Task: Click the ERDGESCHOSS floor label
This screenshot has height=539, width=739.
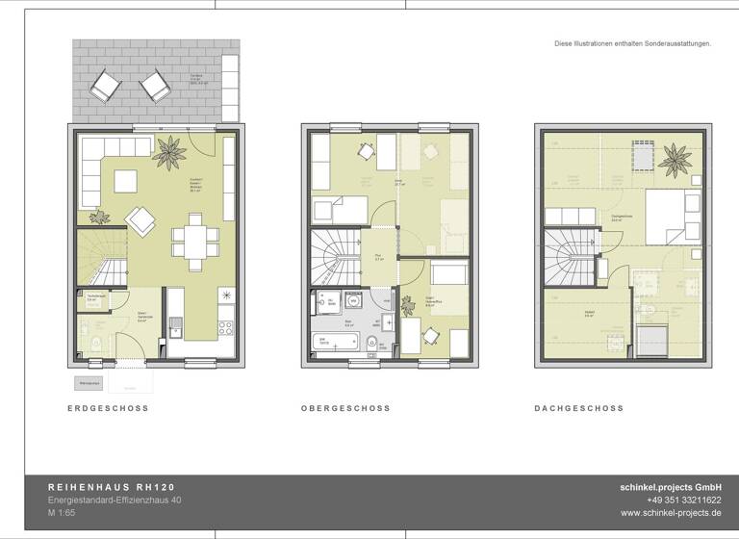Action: point(108,408)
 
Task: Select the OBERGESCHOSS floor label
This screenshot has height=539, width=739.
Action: point(345,408)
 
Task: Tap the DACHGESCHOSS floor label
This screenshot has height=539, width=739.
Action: point(578,408)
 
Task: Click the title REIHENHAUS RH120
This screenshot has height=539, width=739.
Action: point(112,487)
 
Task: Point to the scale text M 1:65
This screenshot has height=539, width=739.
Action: point(65,514)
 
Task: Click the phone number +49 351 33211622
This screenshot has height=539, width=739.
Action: point(684,500)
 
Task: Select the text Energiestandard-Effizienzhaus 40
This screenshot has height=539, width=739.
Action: point(115,500)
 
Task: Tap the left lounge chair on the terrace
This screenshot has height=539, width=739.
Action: point(105,90)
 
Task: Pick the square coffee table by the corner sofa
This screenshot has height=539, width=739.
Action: point(127,181)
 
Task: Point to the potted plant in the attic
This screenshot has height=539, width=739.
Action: point(675,157)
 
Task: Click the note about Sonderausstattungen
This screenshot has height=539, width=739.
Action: point(632,43)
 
